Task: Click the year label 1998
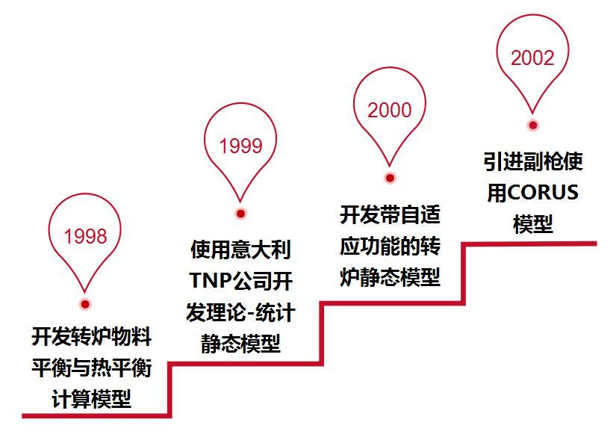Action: tap(85, 237)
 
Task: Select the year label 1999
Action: tap(240, 146)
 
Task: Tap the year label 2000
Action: tap(389, 110)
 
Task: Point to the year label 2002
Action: tap(532, 58)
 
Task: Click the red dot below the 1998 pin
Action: tap(85, 304)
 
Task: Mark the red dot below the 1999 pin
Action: tap(240, 214)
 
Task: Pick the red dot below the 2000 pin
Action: tap(389, 178)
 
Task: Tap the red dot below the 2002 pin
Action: tap(532, 126)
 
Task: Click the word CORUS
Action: tap(544, 193)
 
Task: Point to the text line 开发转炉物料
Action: tap(91, 337)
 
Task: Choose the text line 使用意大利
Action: tap(240, 249)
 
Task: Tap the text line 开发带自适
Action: tap(390, 215)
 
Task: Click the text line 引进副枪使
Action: tap(533, 161)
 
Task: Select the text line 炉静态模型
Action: tap(390, 278)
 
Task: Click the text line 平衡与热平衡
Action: tap(91, 368)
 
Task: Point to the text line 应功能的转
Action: tap(390, 247)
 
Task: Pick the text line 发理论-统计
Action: tap(240, 312)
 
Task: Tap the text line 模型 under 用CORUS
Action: tap(533, 224)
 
